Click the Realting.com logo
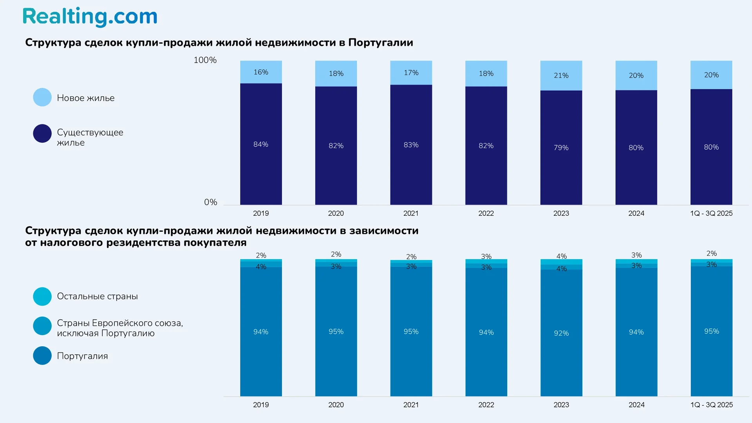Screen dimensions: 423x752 click(90, 17)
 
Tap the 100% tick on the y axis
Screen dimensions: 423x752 click(205, 60)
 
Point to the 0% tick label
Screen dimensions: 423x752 click(210, 202)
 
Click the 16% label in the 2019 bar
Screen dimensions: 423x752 click(261, 72)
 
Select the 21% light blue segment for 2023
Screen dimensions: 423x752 click(561, 75)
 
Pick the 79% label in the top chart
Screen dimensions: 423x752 click(561, 148)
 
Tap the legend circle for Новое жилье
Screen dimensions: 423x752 click(42, 98)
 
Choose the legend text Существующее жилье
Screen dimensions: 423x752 click(90, 137)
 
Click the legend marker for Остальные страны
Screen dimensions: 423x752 click(42, 296)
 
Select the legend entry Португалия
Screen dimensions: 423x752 click(82, 356)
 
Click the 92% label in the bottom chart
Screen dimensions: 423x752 click(561, 333)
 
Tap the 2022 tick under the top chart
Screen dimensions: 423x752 click(486, 213)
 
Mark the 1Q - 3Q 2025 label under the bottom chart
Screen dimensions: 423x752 click(711, 405)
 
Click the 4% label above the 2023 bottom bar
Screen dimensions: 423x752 click(561, 256)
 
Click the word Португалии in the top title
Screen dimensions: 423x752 click(380, 42)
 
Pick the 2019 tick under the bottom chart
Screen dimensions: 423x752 click(261, 405)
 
